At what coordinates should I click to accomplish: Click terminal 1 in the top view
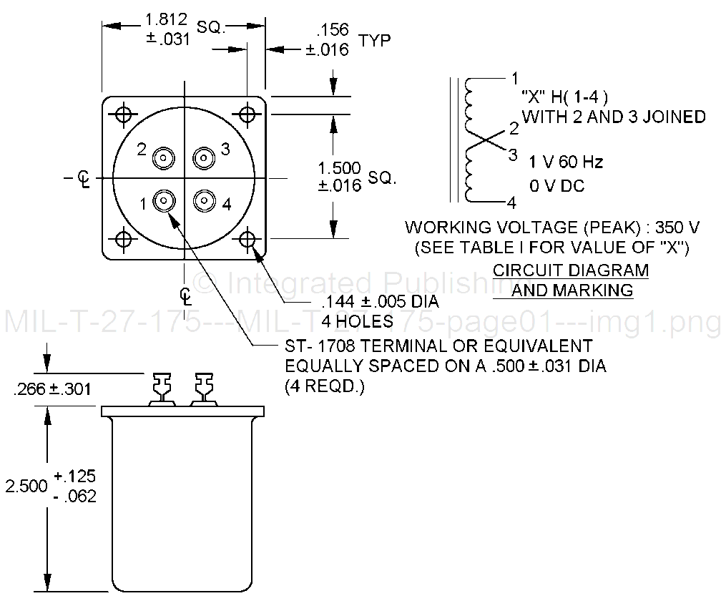click(x=165, y=202)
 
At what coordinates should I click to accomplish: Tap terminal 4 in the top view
click(x=205, y=202)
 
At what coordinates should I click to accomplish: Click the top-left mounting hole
click(x=124, y=114)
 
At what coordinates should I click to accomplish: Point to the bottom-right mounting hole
click(x=247, y=238)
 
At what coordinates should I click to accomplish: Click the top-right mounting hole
click(x=247, y=114)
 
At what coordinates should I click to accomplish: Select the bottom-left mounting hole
click(x=124, y=238)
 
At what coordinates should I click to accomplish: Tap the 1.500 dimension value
click(x=340, y=168)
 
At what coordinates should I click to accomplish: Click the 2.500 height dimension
click(x=24, y=486)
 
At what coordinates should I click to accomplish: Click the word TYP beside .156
click(x=375, y=40)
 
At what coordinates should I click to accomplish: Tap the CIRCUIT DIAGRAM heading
click(x=572, y=271)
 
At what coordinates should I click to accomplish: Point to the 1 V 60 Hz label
click(x=566, y=162)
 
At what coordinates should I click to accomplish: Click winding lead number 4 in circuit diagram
click(x=511, y=202)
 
